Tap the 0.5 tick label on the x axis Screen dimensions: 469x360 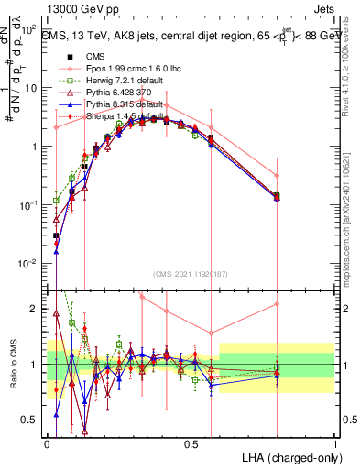point(191,443)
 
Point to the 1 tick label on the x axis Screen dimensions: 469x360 point(335,443)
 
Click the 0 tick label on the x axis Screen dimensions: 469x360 point(48,443)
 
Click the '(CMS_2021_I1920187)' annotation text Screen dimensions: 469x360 point(191,274)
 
